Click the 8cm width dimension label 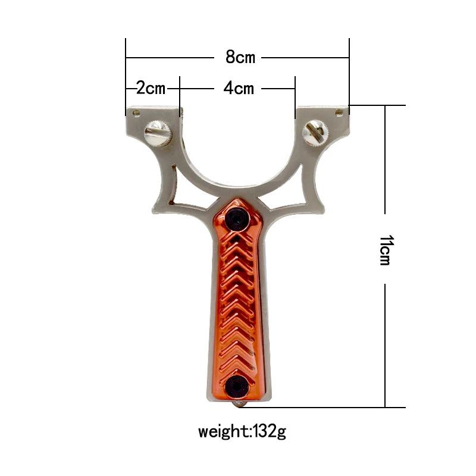coord(240,57)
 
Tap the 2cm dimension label coord(151,88)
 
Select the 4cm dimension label coord(239,88)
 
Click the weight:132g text coord(242,430)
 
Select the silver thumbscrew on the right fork coord(314,131)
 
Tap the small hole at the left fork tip coord(136,112)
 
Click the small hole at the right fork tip coord(339,111)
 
